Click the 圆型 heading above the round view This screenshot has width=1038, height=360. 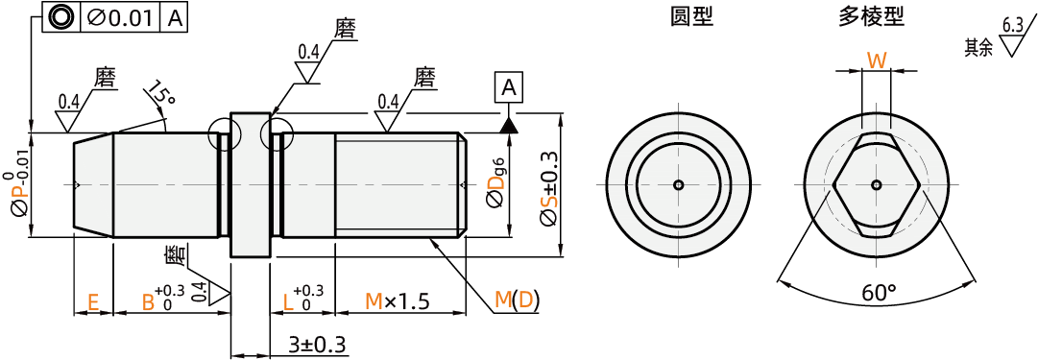point(691,17)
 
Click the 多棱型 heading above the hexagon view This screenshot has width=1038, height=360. point(871,17)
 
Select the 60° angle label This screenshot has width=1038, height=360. point(879,291)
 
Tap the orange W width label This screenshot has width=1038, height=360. point(877,60)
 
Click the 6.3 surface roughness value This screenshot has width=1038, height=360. point(1012,26)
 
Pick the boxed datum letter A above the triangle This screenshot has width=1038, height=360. point(508,87)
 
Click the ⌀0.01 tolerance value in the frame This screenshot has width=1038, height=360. point(119,18)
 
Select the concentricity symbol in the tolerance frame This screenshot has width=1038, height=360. point(60,18)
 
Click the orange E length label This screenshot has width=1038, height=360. point(93,302)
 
